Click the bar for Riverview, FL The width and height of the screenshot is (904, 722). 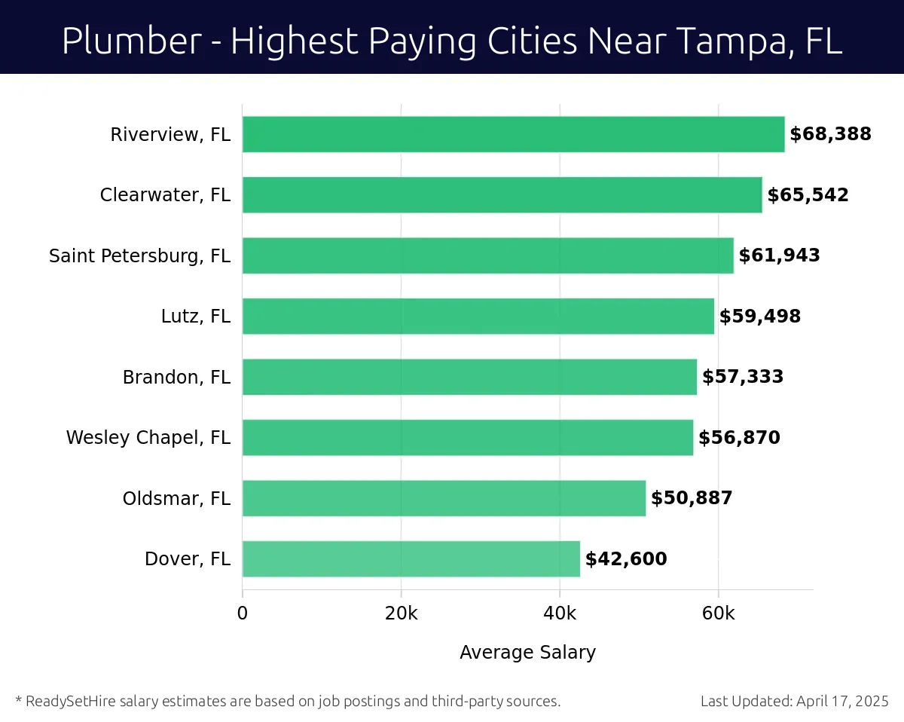pos(513,134)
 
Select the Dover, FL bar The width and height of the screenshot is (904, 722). pos(411,558)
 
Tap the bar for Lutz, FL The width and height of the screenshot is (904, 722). pos(478,317)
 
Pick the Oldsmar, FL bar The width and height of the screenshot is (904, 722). pos(444,498)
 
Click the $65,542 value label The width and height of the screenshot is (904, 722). pos(808,195)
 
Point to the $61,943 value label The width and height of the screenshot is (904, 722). pos(779,255)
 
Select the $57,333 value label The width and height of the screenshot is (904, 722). pos(743,377)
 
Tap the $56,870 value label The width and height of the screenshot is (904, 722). pos(739,438)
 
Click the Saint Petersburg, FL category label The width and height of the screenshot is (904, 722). pos(139,256)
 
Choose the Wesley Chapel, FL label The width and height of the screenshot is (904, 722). pos(148,438)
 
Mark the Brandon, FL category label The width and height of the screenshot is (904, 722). pos(176,377)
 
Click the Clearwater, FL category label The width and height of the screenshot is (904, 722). pos(165,195)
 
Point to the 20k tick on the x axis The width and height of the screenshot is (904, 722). pos(401,613)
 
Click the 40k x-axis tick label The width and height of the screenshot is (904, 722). pos(560,613)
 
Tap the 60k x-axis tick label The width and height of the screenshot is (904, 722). pos(718,613)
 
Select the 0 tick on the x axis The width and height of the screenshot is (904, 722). pos(243,613)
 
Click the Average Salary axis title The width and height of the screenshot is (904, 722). pos(527,653)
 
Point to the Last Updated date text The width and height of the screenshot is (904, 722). pos(795,702)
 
